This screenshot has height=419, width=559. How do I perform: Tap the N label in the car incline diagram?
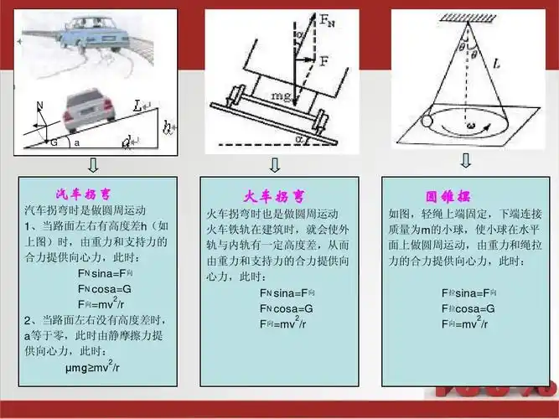(x=39, y=105)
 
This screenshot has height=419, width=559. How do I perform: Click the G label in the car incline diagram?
(x=54, y=143)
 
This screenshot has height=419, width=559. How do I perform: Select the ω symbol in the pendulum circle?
(x=472, y=127)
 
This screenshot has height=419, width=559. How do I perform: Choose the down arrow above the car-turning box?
(x=92, y=163)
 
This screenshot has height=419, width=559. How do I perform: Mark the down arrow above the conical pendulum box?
(x=465, y=159)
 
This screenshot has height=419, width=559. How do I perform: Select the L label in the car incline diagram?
(x=138, y=105)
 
